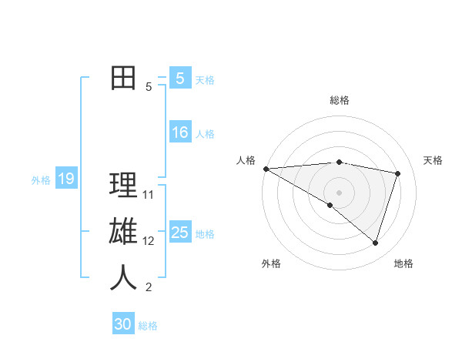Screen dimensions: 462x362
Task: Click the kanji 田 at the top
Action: click(x=123, y=79)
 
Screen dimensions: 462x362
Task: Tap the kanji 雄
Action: click(x=123, y=233)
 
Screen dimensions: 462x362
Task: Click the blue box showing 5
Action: click(x=179, y=79)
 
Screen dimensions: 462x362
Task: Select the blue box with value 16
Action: click(x=179, y=132)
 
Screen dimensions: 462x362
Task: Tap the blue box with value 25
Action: click(x=179, y=233)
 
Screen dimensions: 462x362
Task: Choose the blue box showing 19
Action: click(x=65, y=179)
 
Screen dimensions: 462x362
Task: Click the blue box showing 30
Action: click(x=123, y=324)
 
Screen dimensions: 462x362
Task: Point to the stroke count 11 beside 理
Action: click(x=149, y=195)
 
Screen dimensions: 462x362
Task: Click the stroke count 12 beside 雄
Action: click(x=149, y=241)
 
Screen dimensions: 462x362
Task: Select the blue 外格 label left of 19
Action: click(x=41, y=180)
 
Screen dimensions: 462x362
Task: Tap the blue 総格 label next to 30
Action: click(x=148, y=326)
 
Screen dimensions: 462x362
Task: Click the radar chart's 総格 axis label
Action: click(x=339, y=100)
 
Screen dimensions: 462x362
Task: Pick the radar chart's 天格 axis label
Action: click(x=433, y=160)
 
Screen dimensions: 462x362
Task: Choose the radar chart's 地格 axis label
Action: click(x=403, y=263)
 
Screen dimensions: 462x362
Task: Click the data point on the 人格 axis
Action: click(x=266, y=169)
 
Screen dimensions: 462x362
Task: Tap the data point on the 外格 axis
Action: click(x=330, y=205)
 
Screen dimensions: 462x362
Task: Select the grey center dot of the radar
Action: click(x=339, y=191)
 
